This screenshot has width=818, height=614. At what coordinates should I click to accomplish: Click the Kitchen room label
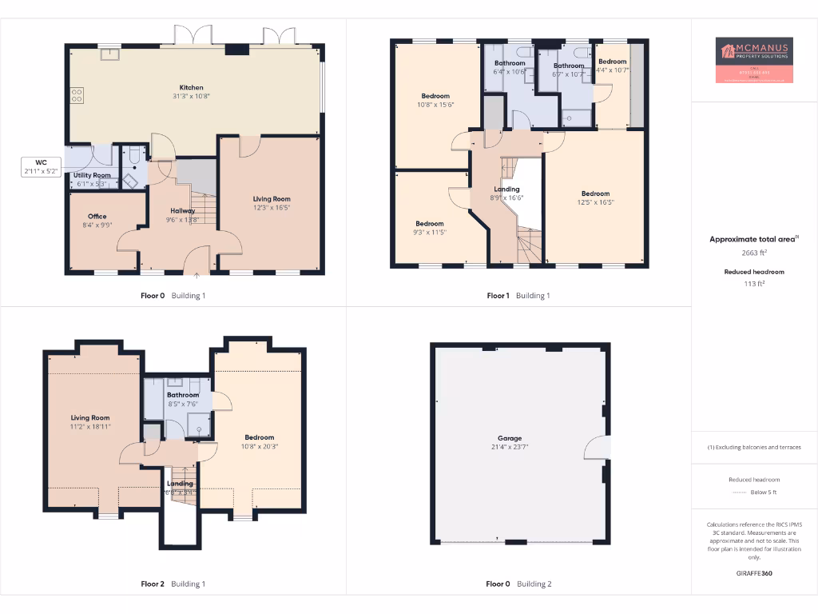click(x=191, y=87)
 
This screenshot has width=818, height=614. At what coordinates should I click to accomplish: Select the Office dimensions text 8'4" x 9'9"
click(x=97, y=225)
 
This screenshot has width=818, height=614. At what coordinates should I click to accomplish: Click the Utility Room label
click(x=92, y=175)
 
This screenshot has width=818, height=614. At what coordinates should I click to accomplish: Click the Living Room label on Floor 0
click(x=272, y=198)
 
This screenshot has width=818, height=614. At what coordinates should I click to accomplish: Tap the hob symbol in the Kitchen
click(x=77, y=96)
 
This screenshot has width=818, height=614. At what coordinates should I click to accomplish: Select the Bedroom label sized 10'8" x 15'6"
click(x=435, y=96)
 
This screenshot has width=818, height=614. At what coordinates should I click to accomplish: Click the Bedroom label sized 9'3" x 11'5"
click(x=430, y=224)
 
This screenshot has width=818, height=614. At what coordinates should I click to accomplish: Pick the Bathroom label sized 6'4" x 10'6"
click(x=510, y=63)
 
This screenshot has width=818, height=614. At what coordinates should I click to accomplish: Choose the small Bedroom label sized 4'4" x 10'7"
click(x=613, y=62)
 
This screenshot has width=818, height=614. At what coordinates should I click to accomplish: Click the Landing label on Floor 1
click(x=506, y=189)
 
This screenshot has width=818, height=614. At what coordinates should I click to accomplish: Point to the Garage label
click(x=510, y=438)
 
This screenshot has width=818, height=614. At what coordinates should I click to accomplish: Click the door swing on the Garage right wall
click(x=597, y=448)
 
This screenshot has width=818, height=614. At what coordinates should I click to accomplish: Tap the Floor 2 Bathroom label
click(x=183, y=395)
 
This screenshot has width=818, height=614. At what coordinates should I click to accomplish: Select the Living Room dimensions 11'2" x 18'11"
click(x=90, y=427)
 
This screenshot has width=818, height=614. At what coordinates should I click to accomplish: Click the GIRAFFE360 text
click(x=755, y=573)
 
